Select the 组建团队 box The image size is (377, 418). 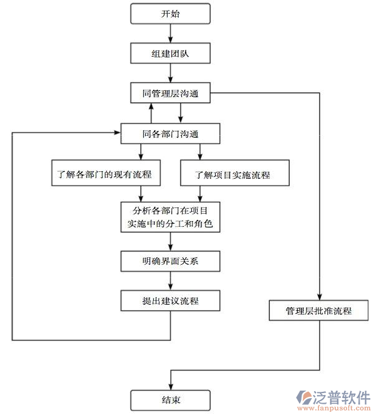click(170, 54)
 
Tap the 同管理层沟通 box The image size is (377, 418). click(170, 94)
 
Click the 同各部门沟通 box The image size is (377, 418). click(170, 133)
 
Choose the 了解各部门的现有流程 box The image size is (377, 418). click(104, 174)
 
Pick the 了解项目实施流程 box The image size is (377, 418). click(235, 174)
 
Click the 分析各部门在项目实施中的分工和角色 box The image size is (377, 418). click(170, 216)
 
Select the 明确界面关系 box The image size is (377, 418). click(170, 261)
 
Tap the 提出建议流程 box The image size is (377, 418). click(170, 302)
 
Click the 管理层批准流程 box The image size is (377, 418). click(319, 310)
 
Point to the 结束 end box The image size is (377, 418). click(170, 399)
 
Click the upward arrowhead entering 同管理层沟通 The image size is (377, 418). click(151, 108)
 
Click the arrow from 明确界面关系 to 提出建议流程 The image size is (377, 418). click(170, 281)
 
